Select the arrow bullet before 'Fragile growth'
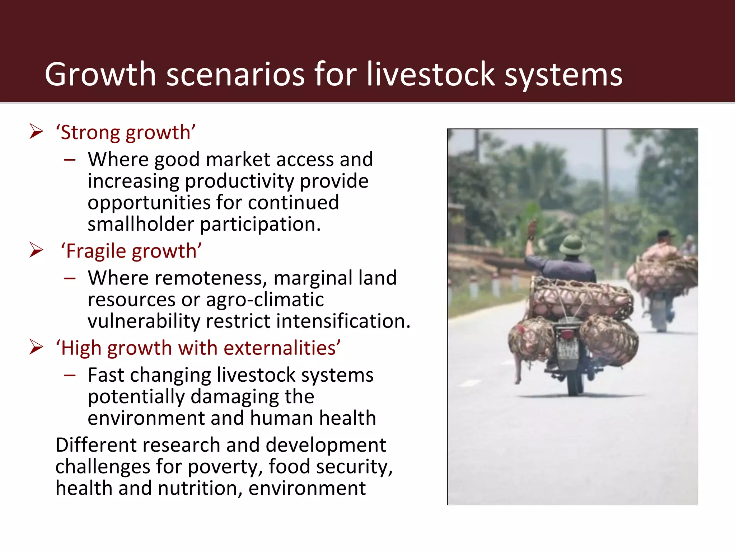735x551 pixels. (x=36, y=250)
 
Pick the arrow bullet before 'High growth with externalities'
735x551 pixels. (x=36, y=347)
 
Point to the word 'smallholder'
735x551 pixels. (x=140, y=224)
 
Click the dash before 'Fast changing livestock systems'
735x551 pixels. (x=70, y=375)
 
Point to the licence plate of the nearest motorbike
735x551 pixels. (x=568, y=348)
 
